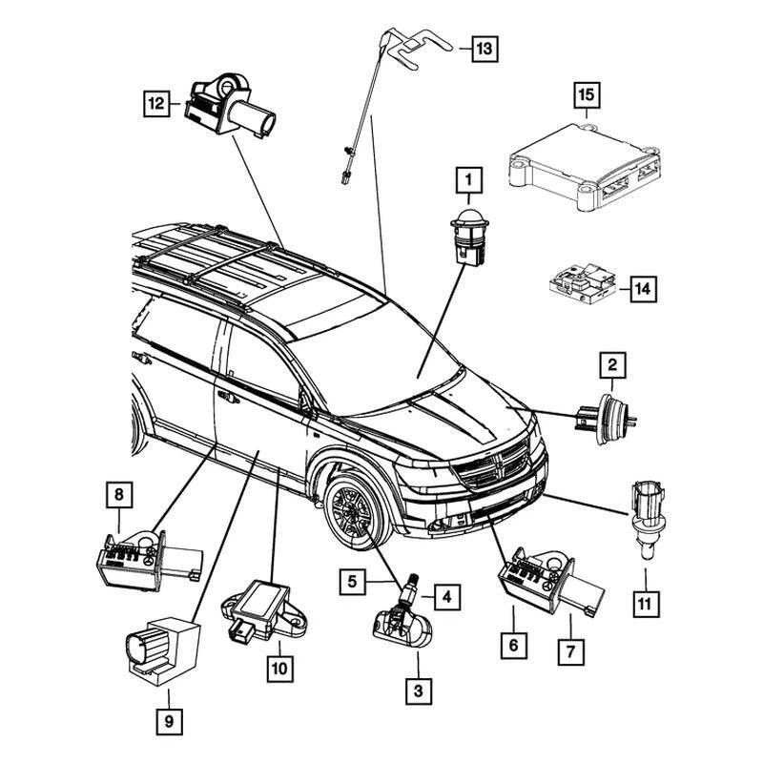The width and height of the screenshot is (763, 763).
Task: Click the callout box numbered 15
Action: pyautogui.click(x=585, y=95)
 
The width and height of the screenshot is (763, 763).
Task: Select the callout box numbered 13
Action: pyautogui.click(x=485, y=47)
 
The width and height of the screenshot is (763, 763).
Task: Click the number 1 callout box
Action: pyautogui.click(x=468, y=178)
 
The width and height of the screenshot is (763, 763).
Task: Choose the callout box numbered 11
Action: pyautogui.click(x=646, y=603)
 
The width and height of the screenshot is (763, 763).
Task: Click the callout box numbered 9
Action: pyautogui.click(x=168, y=722)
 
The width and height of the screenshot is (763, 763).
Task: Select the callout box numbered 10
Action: pyautogui.click(x=278, y=669)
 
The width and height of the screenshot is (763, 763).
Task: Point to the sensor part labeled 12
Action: pyautogui.click(x=234, y=107)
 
